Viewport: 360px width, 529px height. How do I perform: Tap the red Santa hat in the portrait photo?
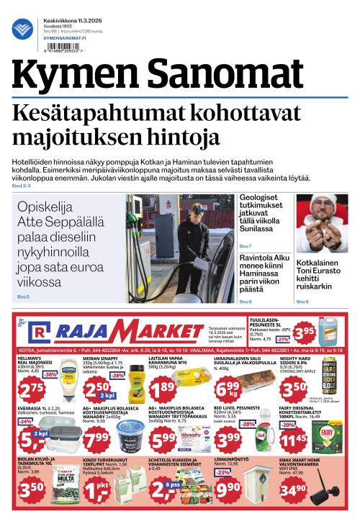pos(322,203)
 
